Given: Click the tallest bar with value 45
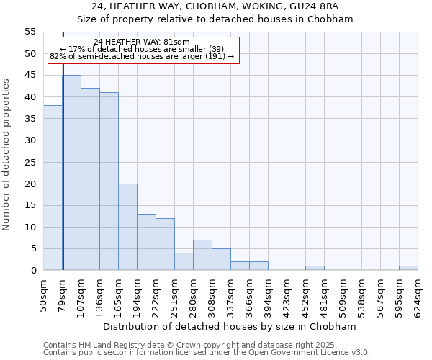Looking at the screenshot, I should (71, 173).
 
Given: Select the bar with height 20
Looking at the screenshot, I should (127, 227).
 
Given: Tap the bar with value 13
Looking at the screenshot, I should (146, 242).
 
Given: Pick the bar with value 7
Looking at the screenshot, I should (202, 255).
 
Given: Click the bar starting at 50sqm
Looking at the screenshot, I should (53, 188).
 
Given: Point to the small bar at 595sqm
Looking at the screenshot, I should (408, 268).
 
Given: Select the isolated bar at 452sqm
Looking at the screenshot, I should (315, 268).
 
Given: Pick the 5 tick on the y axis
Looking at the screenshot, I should (32, 248).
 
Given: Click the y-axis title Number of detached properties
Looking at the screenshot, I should (7, 155).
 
